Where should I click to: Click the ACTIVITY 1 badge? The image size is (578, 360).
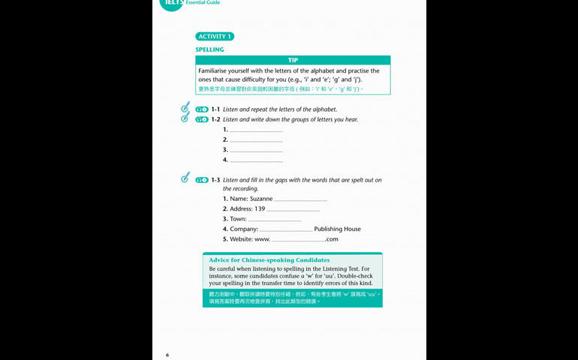point(215,36)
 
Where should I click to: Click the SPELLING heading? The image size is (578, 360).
point(209,49)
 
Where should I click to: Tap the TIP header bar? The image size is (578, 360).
point(293,60)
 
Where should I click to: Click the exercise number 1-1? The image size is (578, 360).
point(215,109)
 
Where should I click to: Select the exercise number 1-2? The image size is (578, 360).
point(215,119)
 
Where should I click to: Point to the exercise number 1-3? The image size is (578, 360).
point(215,180)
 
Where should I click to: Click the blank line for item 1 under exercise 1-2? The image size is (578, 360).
point(256,130)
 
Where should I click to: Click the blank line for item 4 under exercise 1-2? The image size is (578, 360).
point(256,160)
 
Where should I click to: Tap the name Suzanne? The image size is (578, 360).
point(260,199)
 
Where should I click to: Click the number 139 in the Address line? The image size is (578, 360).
point(260,208)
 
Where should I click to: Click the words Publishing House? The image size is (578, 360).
point(337,229)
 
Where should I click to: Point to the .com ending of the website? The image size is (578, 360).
point(332,239)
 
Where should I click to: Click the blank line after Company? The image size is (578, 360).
point(286,229)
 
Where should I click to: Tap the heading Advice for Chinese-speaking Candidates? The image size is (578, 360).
point(269,260)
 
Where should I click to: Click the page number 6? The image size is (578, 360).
point(167,354)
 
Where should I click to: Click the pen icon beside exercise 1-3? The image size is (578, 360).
point(185,178)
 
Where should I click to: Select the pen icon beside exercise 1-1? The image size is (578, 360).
point(185,108)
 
